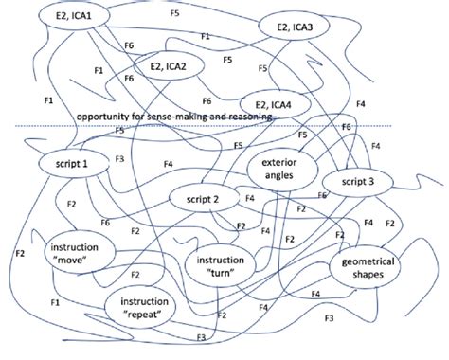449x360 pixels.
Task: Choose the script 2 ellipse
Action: tap(204, 199)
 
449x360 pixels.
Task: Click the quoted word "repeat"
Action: tap(140, 314)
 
